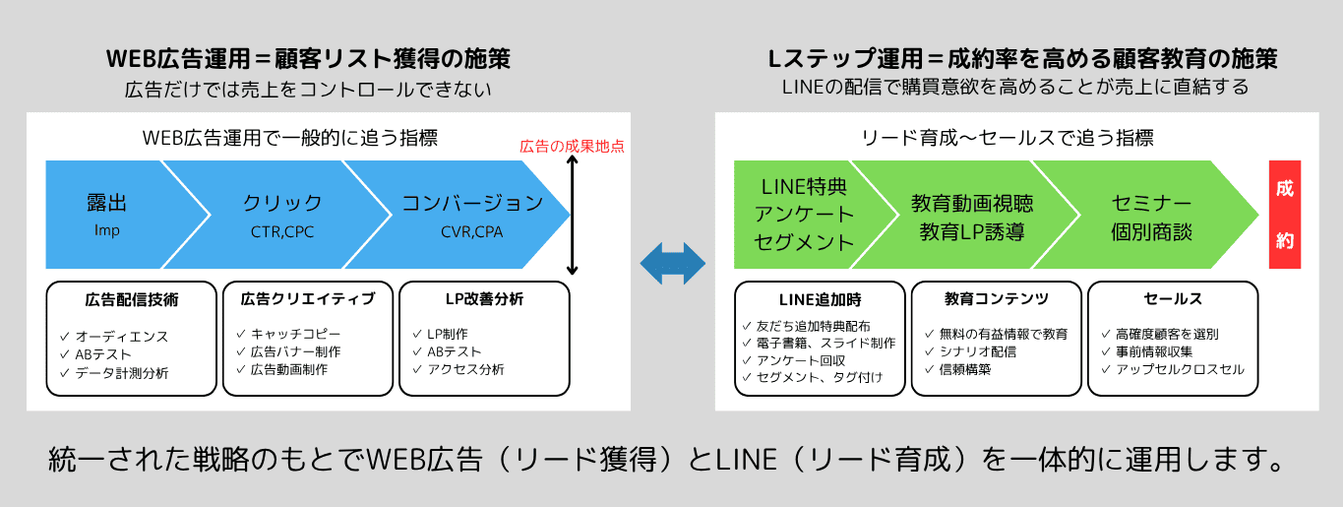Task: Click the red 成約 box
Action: (1285, 215)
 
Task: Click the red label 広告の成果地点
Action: (572, 147)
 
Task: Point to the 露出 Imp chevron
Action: (107, 214)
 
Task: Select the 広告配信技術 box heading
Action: (132, 298)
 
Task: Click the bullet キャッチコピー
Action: (288, 335)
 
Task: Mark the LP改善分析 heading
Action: (483, 298)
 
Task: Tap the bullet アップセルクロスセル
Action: (1180, 369)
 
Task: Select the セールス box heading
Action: (1173, 298)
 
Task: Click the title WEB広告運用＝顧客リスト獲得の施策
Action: (308, 59)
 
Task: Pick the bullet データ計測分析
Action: (121, 373)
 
